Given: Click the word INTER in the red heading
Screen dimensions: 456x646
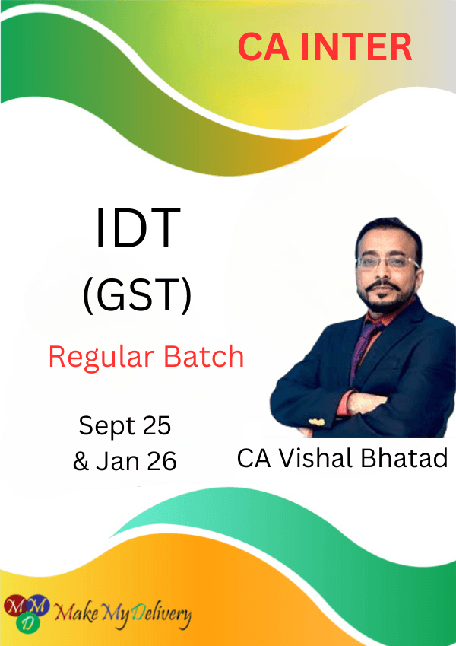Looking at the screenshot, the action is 356,46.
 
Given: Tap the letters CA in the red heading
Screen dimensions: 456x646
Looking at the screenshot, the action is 264,46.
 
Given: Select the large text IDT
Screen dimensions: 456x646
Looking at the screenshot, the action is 138,228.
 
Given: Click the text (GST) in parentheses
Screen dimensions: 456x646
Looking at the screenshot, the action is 138,295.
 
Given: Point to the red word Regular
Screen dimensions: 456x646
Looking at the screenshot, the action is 102,357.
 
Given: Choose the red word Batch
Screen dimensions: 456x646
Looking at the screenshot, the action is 204,356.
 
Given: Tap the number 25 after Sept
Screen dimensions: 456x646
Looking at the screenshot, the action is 157,425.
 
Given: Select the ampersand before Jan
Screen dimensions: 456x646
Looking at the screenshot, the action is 81,461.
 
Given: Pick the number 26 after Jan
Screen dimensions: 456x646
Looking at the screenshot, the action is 162,461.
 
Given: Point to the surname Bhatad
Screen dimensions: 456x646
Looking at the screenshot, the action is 404,458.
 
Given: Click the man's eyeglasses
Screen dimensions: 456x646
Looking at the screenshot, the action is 388,263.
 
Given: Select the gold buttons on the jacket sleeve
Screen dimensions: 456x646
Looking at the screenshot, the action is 315,422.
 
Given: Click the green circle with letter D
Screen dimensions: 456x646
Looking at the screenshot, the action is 28,622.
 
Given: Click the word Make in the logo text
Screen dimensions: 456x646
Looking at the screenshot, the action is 76,613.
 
